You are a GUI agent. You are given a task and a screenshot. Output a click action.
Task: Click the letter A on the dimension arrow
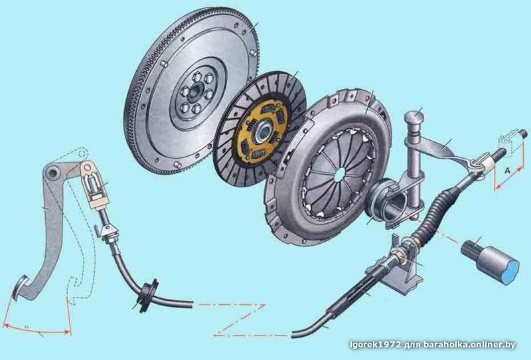(507, 171)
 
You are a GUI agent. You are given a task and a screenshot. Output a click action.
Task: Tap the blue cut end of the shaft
(510, 272)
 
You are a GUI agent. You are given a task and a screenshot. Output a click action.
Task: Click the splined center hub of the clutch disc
(264, 130)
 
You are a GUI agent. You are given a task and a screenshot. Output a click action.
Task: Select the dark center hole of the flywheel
(195, 93)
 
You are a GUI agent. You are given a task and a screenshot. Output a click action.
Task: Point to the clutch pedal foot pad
(21, 288)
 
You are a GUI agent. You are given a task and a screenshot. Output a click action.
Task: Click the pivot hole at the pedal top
(52, 173)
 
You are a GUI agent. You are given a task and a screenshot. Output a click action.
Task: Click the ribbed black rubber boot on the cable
(437, 211)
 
